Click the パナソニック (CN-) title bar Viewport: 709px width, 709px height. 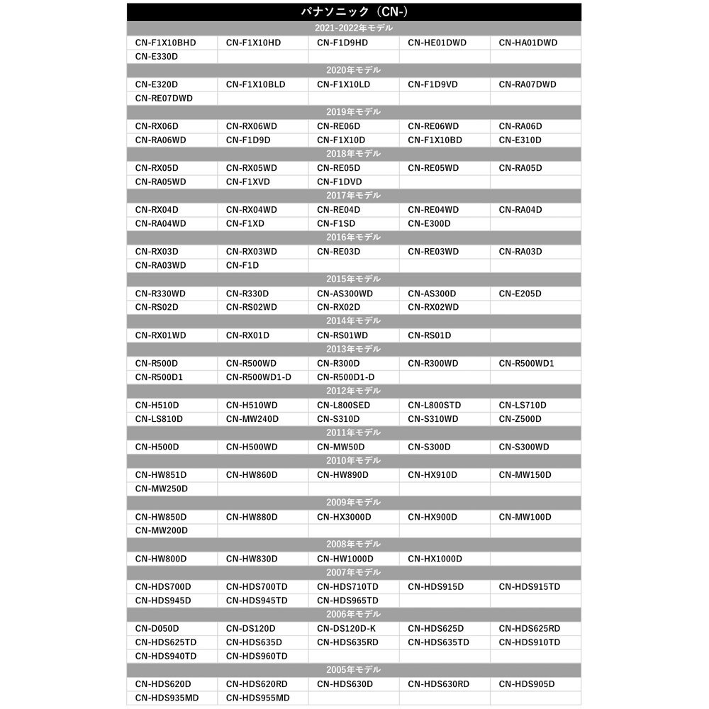coord(354,12)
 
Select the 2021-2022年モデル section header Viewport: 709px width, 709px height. coord(354,28)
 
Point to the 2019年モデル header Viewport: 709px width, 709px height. coord(354,112)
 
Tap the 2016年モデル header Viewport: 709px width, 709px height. coord(354,237)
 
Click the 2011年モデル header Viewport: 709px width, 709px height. coord(354,432)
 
